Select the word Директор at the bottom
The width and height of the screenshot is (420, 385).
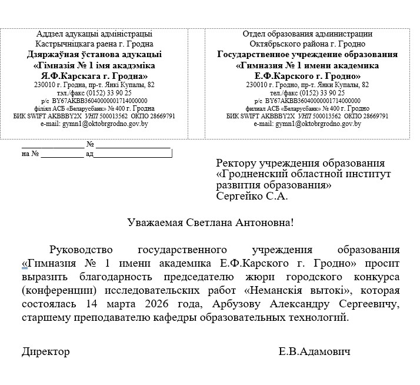pos(46,351)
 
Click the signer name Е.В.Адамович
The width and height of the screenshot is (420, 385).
pos(315,351)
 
